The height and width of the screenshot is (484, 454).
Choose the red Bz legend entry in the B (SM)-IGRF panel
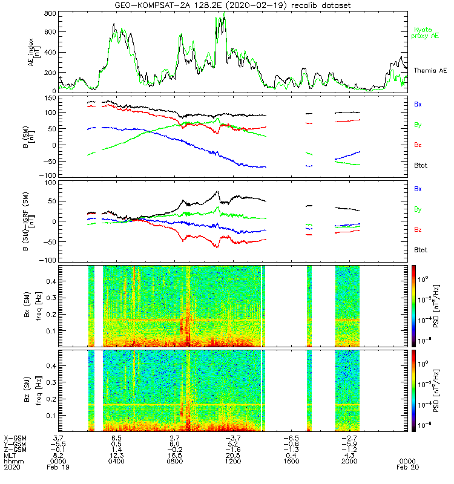point(418,230)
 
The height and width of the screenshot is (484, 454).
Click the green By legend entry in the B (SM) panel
point(418,125)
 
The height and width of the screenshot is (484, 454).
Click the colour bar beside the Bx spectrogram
point(414,306)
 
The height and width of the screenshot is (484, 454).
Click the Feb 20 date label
point(406,467)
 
